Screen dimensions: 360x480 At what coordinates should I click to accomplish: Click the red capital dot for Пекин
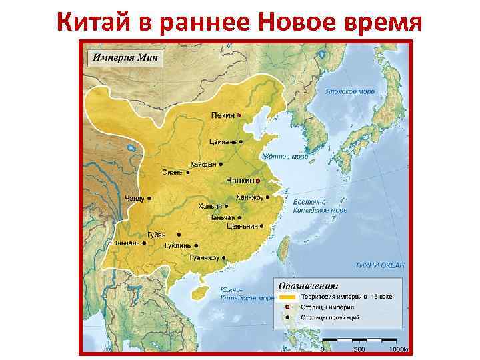click(239, 116)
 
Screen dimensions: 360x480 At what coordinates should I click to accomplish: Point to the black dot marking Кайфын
click(220, 163)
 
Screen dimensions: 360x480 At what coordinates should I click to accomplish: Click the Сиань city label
click(171, 172)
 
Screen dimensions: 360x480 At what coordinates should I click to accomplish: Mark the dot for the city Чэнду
click(149, 198)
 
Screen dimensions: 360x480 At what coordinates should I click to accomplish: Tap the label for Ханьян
click(209, 207)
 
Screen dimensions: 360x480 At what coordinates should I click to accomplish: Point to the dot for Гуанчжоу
click(224, 257)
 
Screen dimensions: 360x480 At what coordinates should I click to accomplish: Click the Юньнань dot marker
click(144, 243)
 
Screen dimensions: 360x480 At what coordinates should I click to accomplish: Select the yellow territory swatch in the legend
click(288, 297)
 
